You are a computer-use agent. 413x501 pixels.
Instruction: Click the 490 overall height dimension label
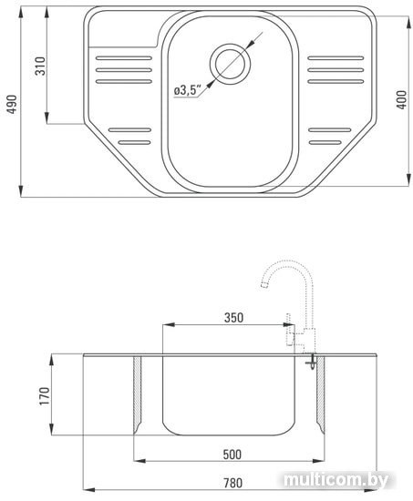tap(12, 104)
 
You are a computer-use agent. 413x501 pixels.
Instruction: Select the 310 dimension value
tap(40, 66)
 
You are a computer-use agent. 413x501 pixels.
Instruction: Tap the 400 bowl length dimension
tap(401, 99)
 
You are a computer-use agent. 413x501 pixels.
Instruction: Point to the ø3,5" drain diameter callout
tap(188, 90)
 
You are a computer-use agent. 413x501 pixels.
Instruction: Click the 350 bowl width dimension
tap(233, 318)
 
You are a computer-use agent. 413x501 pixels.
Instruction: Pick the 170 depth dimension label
tap(45, 396)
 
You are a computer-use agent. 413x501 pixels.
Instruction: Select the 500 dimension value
tap(232, 455)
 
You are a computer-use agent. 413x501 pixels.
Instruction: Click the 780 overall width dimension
tap(232, 483)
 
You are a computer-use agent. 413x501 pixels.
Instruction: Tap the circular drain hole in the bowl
tap(230, 64)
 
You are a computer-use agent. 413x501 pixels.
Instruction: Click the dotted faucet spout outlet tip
tap(264, 285)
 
